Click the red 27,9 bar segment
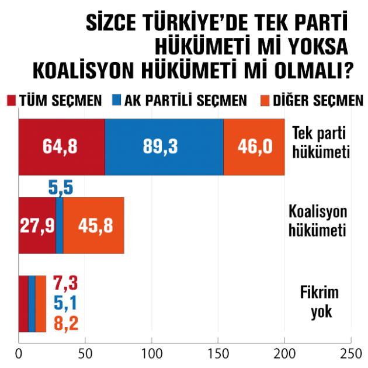point(37,225)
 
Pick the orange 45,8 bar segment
point(93,225)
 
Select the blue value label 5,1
point(65,303)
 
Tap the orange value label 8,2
point(65,322)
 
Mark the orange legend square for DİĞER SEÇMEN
point(261,100)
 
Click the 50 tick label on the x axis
point(85,354)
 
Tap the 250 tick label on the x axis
point(351,354)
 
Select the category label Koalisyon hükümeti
point(319,220)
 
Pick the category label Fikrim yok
point(321,303)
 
